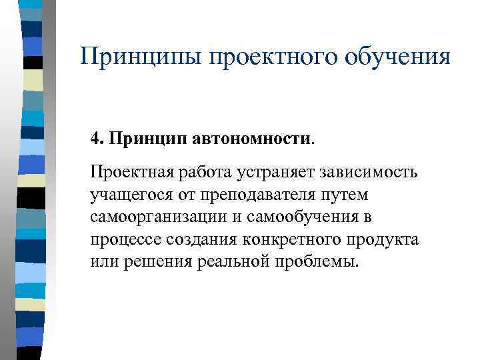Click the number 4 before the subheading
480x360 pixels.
click(x=95, y=140)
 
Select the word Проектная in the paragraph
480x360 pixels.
click(x=132, y=173)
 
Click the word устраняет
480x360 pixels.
click(x=277, y=173)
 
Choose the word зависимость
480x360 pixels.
click(x=371, y=173)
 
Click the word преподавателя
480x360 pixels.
click(x=259, y=195)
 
